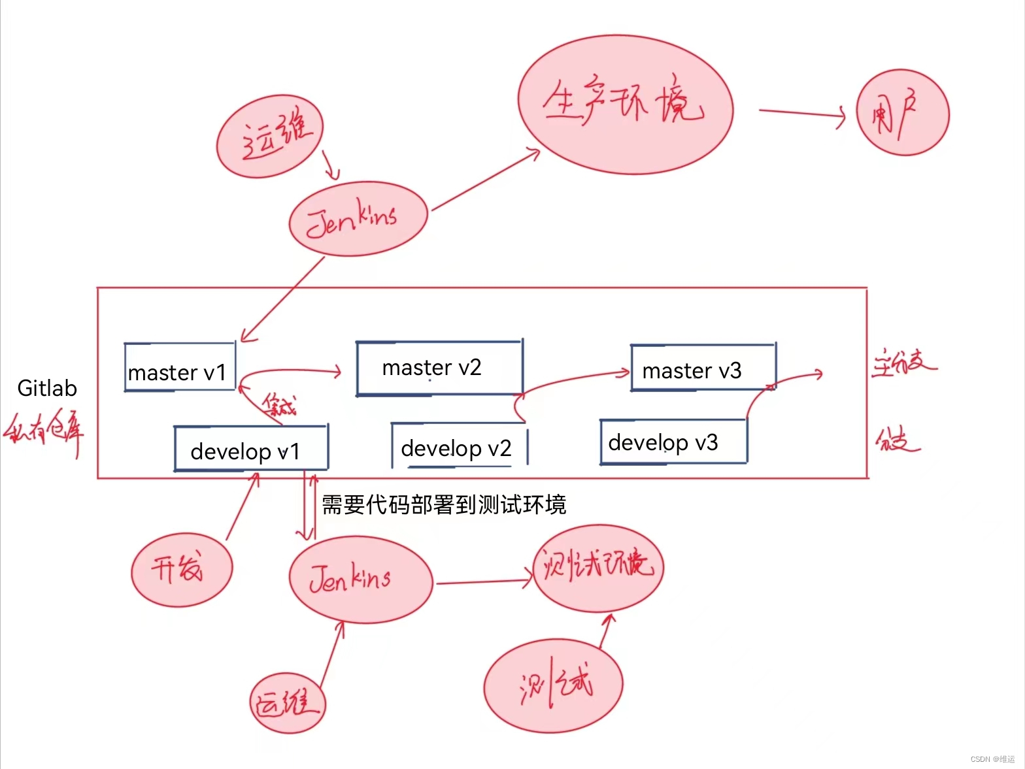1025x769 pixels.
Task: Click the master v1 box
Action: tap(179, 367)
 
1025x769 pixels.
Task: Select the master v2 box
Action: tap(439, 368)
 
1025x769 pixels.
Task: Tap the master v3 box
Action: tap(703, 368)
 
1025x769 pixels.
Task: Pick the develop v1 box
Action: tap(250, 448)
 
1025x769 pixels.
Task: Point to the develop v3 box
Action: tap(673, 442)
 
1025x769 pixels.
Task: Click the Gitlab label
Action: tap(47, 388)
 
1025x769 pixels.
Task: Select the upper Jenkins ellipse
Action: tap(358, 219)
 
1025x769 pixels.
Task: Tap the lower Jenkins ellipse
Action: tap(360, 580)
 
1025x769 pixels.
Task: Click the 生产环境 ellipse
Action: tap(625, 105)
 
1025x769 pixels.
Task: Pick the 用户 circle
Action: tap(902, 113)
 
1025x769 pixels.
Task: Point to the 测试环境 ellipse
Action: tap(598, 567)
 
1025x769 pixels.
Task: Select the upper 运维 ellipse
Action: tap(270, 137)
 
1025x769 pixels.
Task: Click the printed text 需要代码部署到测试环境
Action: tap(444, 504)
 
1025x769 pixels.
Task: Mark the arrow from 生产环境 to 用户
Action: tap(801, 114)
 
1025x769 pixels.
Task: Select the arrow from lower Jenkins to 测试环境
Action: tap(484, 581)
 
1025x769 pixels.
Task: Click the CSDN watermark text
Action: tap(992, 759)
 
